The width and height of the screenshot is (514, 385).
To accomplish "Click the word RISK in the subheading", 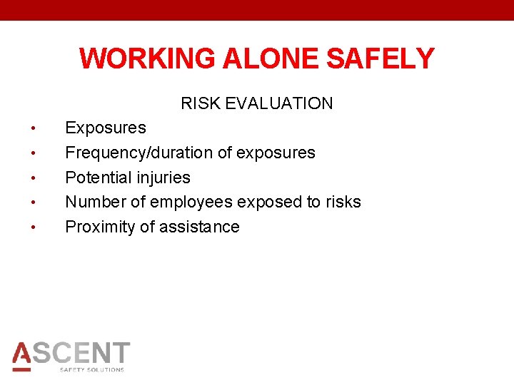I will pyautogui.click(x=201, y=103).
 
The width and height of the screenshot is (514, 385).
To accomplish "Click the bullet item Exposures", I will pyautogui.click(x=106, y=128).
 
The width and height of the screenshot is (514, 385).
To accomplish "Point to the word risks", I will pyautogui.click(x=343, y=202).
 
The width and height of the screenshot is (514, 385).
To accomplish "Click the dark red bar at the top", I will pyautogui.click(x=257, y=10).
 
